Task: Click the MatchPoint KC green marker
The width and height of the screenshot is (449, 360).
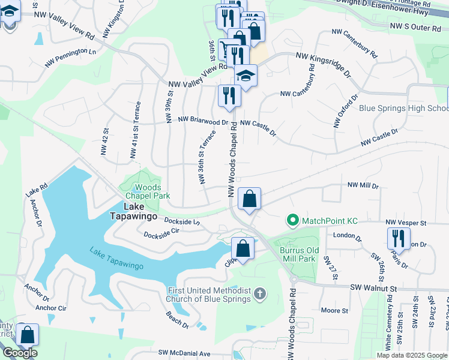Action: coord(293,221)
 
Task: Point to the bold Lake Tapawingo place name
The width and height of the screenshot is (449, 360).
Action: coord(132,216)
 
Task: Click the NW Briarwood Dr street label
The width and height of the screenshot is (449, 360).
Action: coord(203,120)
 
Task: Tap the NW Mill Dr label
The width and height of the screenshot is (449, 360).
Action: coord(363,186)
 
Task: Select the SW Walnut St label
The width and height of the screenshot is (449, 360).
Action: coord(374,289)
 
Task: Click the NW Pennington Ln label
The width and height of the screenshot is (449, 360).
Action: coord(70,58)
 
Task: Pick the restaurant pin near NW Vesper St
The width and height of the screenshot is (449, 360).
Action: coord(398,238)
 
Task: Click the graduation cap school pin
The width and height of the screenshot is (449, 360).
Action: coord(245,76)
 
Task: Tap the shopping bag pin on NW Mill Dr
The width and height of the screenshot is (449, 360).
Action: coord(249,198)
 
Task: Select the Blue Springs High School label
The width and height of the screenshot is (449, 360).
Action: coord(403,109)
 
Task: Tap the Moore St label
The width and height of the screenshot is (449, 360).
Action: coord(334,310)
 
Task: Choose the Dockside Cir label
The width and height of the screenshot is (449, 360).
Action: coord(162,230)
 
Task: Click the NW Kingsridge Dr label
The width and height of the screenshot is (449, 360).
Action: coord(323,64)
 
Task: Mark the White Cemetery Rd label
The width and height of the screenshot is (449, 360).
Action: coord(389,326)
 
